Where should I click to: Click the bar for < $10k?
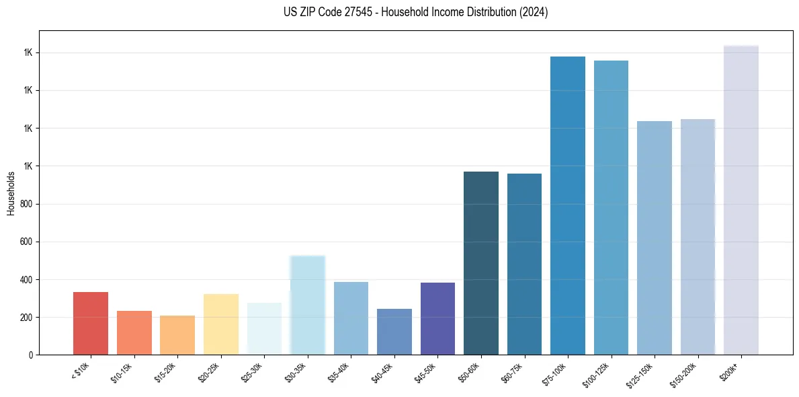coord(91,323)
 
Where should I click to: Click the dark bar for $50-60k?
coord(481,263)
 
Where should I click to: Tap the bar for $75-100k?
coord(568,205)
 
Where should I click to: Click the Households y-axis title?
coord(11,193)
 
